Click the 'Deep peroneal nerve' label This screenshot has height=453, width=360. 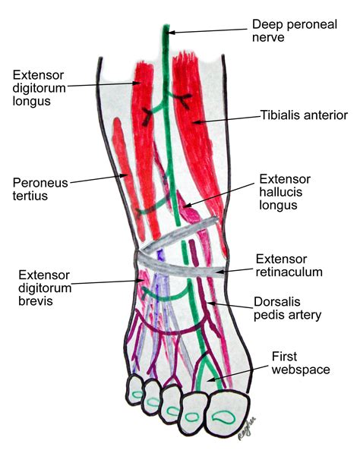pos(295,30)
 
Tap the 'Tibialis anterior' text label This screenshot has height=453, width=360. pos(305,115)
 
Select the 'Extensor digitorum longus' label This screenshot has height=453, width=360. pos(39,88)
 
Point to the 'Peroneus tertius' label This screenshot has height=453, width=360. pos(40,189)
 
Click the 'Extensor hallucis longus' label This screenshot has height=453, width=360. pos(285,192)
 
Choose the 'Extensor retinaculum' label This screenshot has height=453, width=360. pos(289,266)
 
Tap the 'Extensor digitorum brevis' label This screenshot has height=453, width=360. pos(45,288)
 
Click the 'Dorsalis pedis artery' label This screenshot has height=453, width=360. pos(287,309)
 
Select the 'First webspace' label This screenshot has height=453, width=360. pos(301,363)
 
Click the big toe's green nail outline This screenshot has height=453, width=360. pos(223,417)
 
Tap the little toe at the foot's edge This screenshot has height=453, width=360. pos(134,390)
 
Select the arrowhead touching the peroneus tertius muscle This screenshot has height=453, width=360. pos(125,175)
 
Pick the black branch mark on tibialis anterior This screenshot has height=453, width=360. pos(183,100)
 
